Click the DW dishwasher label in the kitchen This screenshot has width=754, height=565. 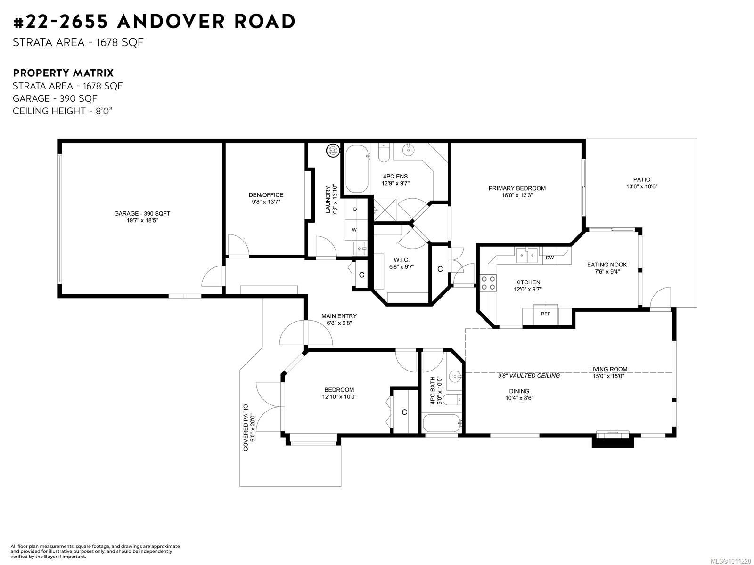(x=549, y=258)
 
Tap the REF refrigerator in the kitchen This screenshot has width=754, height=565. (x=546, y=314)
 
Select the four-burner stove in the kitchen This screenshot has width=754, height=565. (x=488, y=283)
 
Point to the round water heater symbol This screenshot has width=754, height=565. (x=333, y=150)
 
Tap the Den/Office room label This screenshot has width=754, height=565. (x=266, y=195)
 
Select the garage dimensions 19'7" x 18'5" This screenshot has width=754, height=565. (x=142, y=220)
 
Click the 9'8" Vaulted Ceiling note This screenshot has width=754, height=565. (x=529, y=376)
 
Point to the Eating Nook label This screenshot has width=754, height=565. (x=607, y=265)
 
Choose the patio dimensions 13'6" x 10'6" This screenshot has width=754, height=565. (x=642, y=186)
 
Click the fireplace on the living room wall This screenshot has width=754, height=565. (x=613, y=440)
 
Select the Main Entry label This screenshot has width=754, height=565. (x=339, y=316)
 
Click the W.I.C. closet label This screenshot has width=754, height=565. (x=402, y=260)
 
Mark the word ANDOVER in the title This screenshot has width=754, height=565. (x=171, y=21)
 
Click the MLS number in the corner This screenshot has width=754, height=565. (x=730, y=561)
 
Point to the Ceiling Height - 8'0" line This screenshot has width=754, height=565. (x=63, y=111)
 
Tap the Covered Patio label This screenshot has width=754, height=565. (x=246, y=428)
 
